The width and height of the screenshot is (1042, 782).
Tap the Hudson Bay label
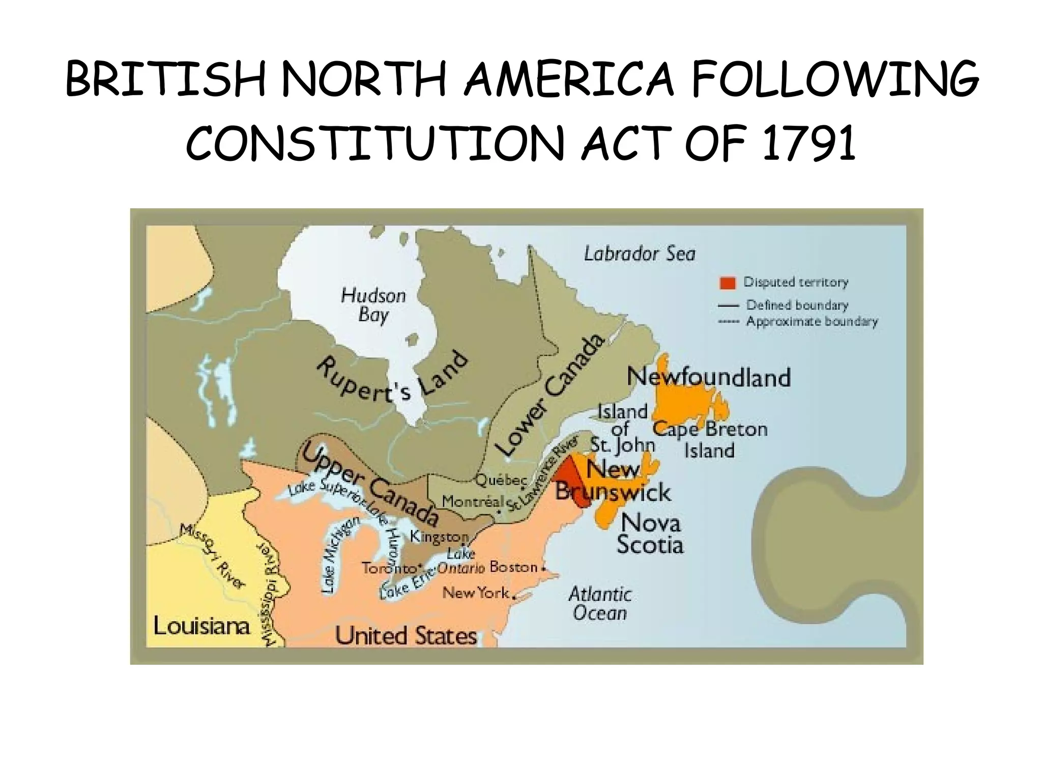(373, 305)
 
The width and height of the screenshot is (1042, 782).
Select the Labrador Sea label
(639, 254)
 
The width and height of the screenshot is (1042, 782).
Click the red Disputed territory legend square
(728, 283)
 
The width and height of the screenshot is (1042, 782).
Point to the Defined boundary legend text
(797, 305)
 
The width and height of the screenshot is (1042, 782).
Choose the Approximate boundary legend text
(812, 322)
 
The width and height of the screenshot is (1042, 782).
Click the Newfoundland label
(709, 377)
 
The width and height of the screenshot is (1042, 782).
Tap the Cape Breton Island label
(710, 440)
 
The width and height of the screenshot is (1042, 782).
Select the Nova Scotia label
(650, 534)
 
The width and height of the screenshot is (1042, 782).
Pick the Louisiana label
(201, 626)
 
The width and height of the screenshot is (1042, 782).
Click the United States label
(406, 636)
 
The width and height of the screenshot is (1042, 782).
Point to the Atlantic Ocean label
(600, 603)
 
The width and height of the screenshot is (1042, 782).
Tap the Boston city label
(513, 567)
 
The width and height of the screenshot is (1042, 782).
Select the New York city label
(475, 593)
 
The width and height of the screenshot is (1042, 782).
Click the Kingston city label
(439, 537)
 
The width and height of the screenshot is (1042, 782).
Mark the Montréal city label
(472, 501)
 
